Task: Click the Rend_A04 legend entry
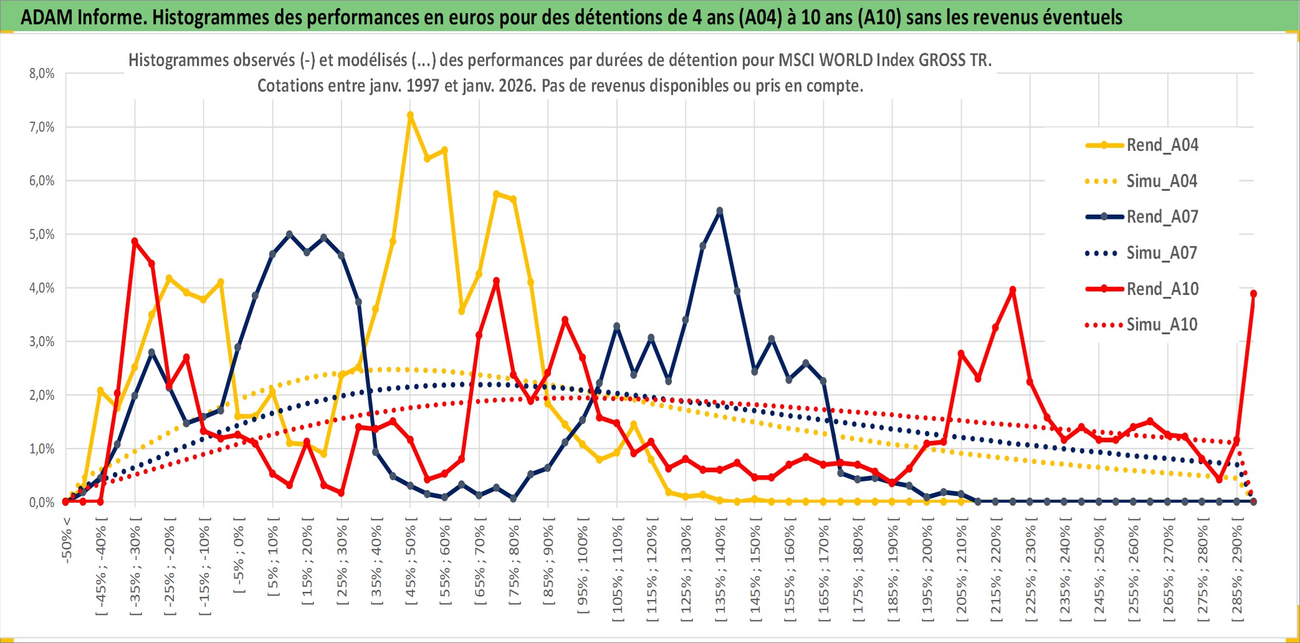click(x=1162, y=145)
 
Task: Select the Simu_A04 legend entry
click(x=1162, y=181)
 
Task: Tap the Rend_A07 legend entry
click(x=1162, y=217)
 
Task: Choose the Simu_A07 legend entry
click(x=1162, y=253)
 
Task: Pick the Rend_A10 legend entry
click(x=1162, y=289)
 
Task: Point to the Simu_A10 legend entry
click(x=1162, y=325)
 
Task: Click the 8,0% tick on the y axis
click(x=42, y=74)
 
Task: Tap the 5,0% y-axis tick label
click(x=42, y=234)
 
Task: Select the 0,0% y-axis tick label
click(x=42, y=503)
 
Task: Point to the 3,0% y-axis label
click(x=42, y=342)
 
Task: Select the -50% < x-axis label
click(x=67, y=540)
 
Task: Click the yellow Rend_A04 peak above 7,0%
click(x=410, y=115)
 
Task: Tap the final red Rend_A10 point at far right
click(x=1253, y=294)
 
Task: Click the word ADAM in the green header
click(x=47, y=17)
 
